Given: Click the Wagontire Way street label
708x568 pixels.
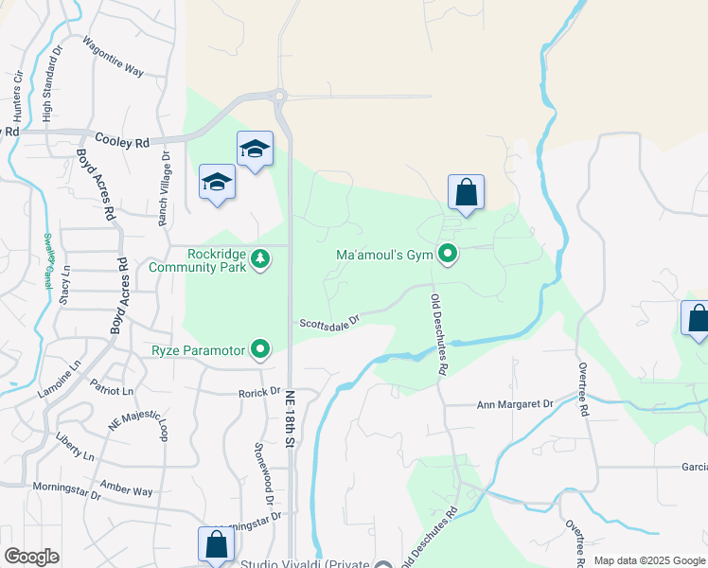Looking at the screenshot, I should [x=113, y=58].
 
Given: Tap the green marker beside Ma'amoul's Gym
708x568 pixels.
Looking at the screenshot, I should [x=448, y=254].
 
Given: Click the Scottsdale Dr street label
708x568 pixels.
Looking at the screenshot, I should [x=330, y=323].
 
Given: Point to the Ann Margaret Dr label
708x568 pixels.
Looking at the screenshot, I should [x=514, y=404].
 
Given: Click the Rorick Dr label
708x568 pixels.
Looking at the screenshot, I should [x=259, y=392].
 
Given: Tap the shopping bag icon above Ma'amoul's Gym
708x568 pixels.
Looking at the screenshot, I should [x=466, y=193].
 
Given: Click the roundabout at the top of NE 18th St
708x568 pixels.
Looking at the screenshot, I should [x=278, y=95].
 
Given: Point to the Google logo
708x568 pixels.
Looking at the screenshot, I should [x=32, y=557].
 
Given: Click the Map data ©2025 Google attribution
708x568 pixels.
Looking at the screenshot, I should [x=649, y=560].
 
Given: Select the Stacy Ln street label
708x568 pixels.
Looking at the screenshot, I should [x=65, y=284].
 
